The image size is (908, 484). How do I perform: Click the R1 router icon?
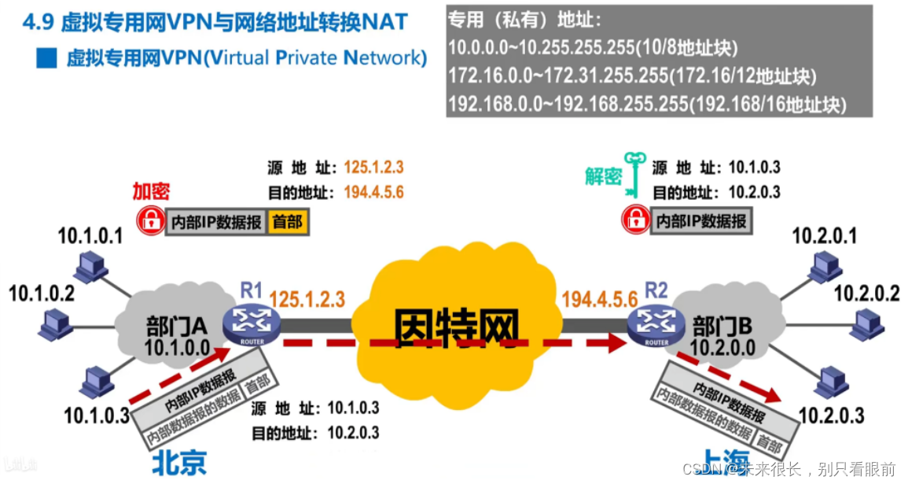click(x=252, y=323)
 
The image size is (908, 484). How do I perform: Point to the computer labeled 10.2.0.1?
click(x=822, y=268)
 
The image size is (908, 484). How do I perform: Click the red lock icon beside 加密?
click(x=149, y=221)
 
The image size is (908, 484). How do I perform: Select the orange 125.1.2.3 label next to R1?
click(x=307, y=299)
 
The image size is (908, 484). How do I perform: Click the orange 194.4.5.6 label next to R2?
click(x=599, y=299)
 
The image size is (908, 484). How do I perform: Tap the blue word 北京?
click(x=178, y=462)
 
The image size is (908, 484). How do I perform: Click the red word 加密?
click(x=150, y=192)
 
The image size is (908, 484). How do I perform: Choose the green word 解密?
click(x=603, y=176)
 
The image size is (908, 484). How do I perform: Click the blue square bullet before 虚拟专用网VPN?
click(x=47, y=58)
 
